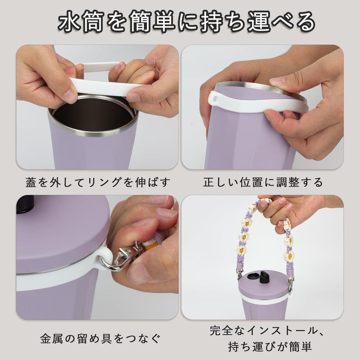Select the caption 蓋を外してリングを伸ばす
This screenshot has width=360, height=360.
tap(98, 182)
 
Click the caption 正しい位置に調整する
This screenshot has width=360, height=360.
tap(263, 182)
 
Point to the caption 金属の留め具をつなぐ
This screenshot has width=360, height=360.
tap(100, 339)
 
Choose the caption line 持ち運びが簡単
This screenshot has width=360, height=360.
tap(270, 347)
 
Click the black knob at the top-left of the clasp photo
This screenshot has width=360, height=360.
tap(25, 204)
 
